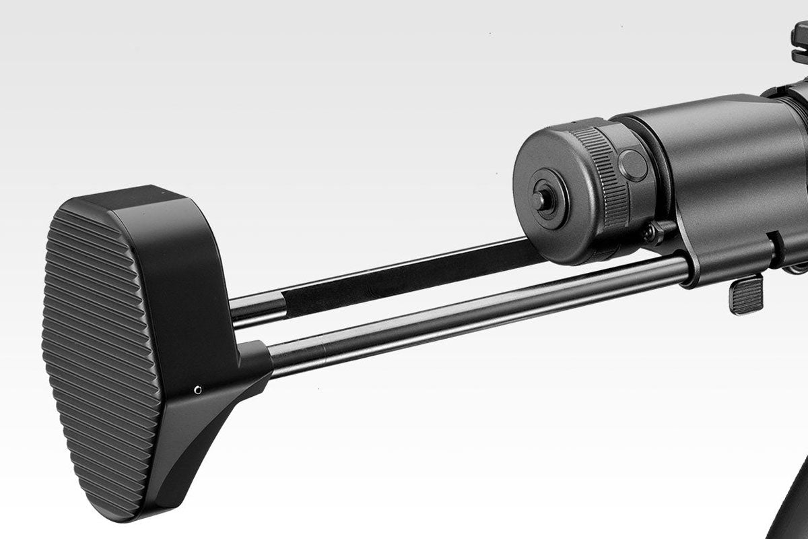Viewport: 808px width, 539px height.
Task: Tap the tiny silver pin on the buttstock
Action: click(x=197, y=389)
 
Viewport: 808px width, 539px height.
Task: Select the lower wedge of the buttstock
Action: click(x=202, y=431)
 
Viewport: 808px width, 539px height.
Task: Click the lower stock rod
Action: click(x=471, y=317)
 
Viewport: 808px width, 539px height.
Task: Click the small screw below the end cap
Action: click(x=650, y=233)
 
